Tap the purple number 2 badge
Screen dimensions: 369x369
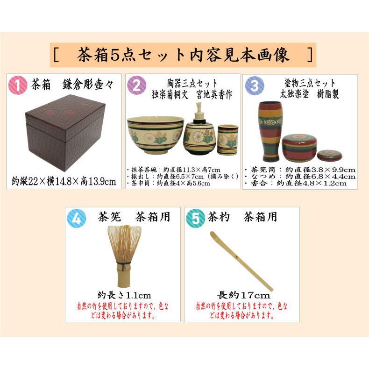(x=136, y=86)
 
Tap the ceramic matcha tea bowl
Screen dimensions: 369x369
(x=155, y=135)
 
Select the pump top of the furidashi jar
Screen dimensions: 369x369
(x=199, y=111)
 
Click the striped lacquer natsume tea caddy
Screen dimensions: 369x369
(x=298, y=148)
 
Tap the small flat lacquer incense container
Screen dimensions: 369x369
(x=328, y=155)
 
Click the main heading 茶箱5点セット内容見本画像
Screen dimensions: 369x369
(x=183, y=55)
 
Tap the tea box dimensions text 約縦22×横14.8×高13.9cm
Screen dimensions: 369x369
(x=64, y=181)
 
